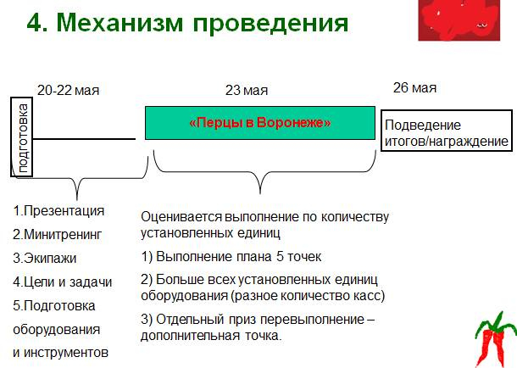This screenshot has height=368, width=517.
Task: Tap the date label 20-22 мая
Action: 69,90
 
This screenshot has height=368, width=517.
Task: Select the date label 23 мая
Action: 247,90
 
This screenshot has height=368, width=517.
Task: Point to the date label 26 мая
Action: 415,88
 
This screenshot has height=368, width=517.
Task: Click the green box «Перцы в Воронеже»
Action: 260,123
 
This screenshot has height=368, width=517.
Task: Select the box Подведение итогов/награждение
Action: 446,132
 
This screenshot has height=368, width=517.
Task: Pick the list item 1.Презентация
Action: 59,211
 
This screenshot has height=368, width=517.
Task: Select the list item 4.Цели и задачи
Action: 63,282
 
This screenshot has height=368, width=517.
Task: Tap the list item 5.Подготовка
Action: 54,305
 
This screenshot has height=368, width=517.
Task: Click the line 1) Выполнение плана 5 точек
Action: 231,256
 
